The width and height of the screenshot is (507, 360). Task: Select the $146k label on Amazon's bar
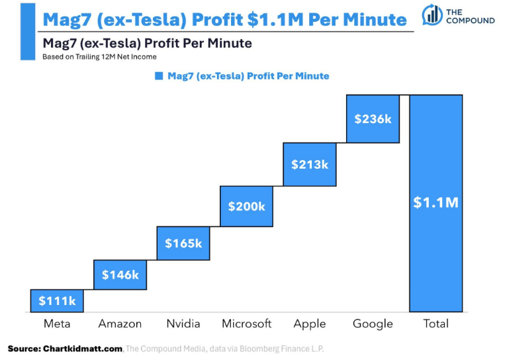(120, 274)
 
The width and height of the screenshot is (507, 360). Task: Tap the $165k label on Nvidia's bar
(183, 243)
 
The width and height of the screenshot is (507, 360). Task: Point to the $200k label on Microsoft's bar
(246, 206)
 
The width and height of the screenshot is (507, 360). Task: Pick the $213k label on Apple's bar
(310, 164)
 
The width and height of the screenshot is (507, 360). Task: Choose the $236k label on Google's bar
(373, 119)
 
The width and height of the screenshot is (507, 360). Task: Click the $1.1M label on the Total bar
(436, 202)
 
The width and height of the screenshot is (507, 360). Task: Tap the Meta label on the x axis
(57, 324)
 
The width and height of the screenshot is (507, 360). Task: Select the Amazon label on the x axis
(120, 324)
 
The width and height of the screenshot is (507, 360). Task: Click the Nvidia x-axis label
(183, 324)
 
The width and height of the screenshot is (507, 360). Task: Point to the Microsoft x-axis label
(246, 324)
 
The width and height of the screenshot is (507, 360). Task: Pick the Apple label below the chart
(310, 324)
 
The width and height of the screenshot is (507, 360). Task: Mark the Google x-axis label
(373, 324)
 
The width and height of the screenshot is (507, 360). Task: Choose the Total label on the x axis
(436, 324)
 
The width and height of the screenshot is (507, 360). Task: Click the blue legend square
(159, 76)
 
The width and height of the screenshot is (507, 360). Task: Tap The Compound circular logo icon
(432, 16)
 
